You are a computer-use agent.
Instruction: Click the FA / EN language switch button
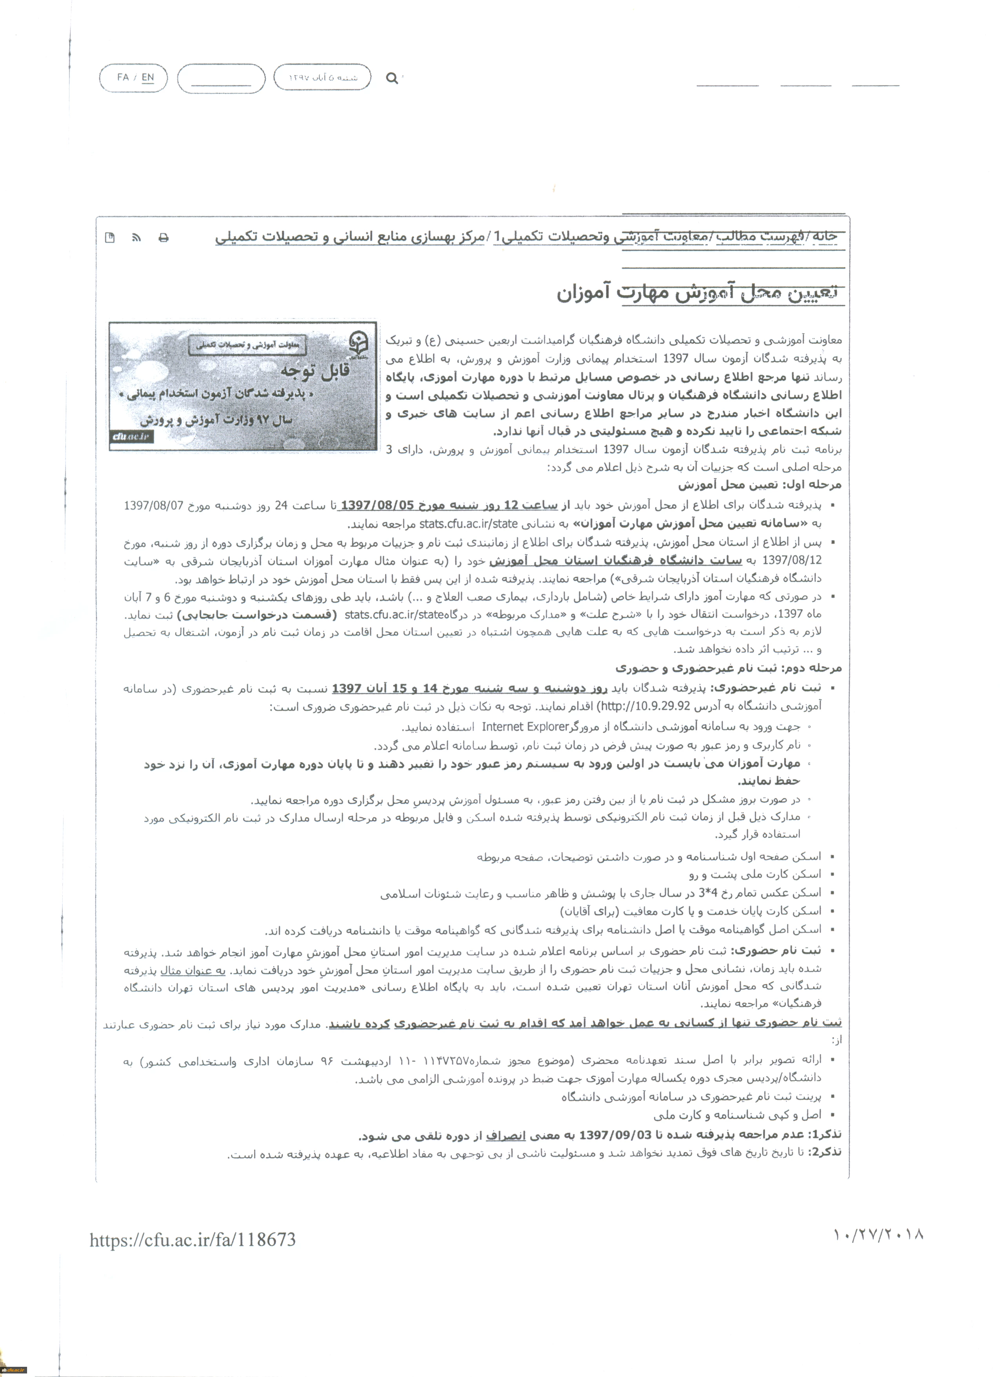point(133,78)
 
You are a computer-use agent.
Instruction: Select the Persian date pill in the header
point(322,78)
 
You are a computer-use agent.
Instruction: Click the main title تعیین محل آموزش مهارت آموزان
point(697,293)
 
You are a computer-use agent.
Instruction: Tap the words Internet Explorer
point(525,727)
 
